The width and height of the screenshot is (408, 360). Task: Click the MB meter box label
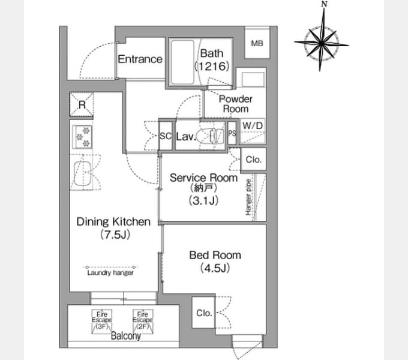coord(257,43)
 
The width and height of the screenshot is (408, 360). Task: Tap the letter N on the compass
coord(324,4)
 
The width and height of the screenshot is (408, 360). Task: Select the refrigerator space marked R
coord(82,104)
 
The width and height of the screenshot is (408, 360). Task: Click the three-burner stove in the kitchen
coord(82,137)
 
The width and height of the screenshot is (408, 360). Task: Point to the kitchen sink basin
coord(82,173)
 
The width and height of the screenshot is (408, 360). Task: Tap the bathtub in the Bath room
coord(182,62)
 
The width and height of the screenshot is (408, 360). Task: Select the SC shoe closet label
coord(166,136)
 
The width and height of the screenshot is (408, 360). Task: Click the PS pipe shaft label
coord(232,133)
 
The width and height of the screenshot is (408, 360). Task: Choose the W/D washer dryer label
coord(253,125)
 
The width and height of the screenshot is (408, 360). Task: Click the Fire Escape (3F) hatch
coord(102,321)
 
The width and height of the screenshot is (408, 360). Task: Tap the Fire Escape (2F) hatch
coord(143,321)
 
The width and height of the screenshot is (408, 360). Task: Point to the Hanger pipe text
coord(248,197)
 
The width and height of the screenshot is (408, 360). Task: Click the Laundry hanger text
coord(110,273)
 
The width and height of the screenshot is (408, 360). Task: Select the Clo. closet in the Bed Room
coord(204,313)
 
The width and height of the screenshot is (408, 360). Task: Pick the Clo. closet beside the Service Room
coord(253,160)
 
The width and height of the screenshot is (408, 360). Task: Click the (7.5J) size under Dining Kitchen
coord(115,235)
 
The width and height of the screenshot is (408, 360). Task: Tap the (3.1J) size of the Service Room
coord(203,200)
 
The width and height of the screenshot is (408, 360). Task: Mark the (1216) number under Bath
coord(212,67)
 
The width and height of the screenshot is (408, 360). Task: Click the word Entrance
coord(140,59)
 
